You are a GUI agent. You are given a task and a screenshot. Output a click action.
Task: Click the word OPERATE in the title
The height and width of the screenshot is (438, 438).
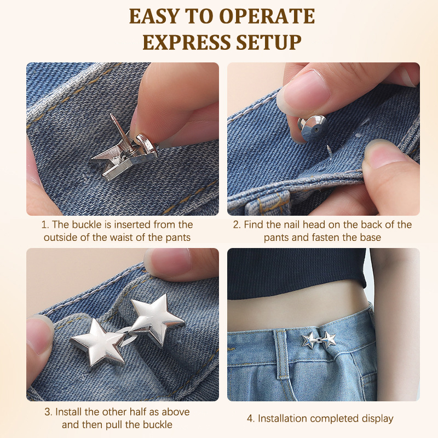(267, 16)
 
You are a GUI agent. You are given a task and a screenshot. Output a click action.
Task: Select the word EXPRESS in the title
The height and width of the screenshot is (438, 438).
(187, 43)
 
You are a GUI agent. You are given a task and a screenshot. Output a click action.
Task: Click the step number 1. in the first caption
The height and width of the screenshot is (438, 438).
(45, 225)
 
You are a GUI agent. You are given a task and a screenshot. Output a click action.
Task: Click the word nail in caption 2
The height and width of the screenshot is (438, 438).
(292, 224)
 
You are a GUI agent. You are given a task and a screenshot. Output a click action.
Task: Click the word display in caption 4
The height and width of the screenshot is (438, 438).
(378, 419)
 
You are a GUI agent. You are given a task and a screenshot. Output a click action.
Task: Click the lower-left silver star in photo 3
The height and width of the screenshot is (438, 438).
(98, 343)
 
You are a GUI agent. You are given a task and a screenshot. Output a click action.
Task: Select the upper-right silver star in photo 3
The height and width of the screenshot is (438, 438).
(154, 319)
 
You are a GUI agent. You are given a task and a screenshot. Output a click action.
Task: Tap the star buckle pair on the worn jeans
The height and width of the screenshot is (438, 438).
(319, 340)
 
